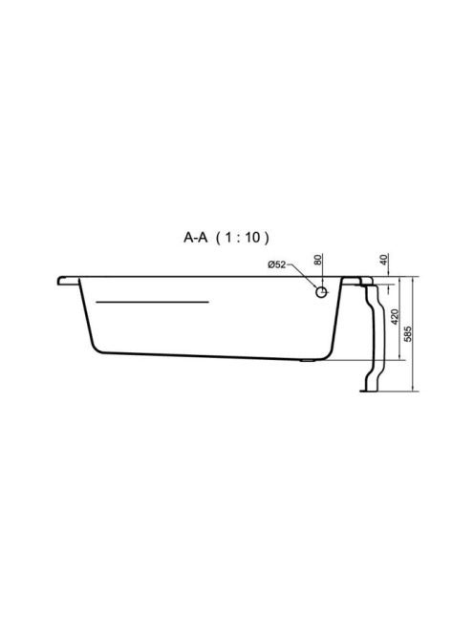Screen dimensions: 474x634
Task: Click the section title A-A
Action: (x=196, y=238)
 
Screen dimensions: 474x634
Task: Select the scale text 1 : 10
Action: (x=242, y=238)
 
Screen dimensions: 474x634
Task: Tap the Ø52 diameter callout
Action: (x=277, y=264)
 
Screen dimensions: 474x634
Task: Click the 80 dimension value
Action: (x=318, y=259)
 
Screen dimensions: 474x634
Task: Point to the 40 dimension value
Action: (x=384, y=259)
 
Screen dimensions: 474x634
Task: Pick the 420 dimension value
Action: (x=395, y=317)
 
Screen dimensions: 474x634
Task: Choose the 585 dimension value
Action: (x=408, y=334)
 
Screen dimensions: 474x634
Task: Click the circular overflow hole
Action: (x=321, y=292)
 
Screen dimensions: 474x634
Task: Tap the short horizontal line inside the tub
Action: (x=152, y=302)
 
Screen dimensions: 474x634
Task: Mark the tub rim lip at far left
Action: (x=68, y=281)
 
